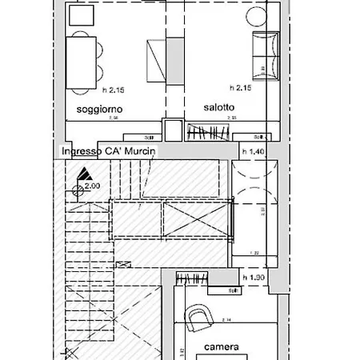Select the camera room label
coord(222,347)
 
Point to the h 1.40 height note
coord(253,150)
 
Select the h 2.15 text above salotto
coord(241,87)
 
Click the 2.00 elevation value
coord(93,186)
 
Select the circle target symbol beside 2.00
coord(78,190)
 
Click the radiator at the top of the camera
coord(192,279)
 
